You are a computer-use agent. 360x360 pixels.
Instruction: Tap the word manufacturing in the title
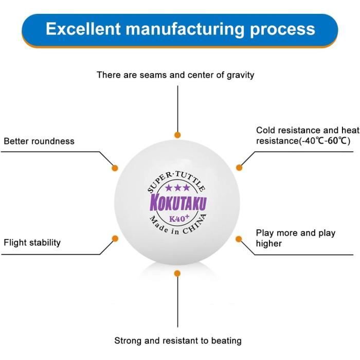pyautogui.click(x=181, y=28)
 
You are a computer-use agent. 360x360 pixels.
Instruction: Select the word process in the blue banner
pyautogui.click(x=280, y=28)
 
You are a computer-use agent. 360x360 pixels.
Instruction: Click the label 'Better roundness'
pyautogui.click(x=39, y=141)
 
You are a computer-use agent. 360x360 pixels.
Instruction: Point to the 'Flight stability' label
pyautogui.click(x=32, y=242)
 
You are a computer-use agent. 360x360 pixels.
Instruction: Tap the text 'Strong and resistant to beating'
pyautogui.click(x=177, y=340)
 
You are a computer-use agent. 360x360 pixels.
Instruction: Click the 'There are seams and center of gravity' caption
pyautogui.click(x=175, y=75)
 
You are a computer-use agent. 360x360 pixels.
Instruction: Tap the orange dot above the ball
pyautogui.click(x=177, y=135)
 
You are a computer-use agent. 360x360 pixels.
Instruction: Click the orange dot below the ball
pyautogui.click(x=177, y=273)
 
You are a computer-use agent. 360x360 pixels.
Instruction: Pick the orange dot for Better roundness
pyautogui.click(x=115, y=168)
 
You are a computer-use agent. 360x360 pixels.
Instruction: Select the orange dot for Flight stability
pyautogui.click(x=115, y=239)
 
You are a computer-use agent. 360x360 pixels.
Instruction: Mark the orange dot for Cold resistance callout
pyautogui.click(x=239, y=168)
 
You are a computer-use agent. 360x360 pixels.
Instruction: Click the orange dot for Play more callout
pyautogui.click(x=239, y=239)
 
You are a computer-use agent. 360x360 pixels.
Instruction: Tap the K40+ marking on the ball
pyautogui.click(x=179, y=217)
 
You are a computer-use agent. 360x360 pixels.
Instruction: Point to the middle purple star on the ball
pyautogui.click(x=177, y=188)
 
